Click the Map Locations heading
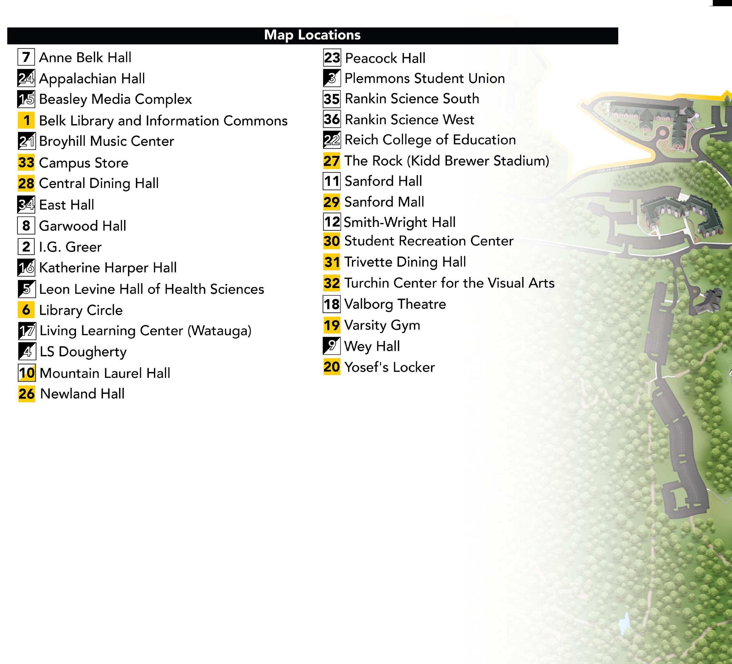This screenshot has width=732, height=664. [x=312, y=35]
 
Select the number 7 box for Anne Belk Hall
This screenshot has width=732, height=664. [x=26, y=57]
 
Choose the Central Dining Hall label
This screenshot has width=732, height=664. [x=99, y=183]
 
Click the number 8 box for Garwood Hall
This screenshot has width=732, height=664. [x=26, y=226]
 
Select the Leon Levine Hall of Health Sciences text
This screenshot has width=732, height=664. [x=152, y=289]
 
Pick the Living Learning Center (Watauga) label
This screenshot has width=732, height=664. [x=145, y=331]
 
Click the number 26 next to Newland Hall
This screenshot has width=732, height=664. [x=27, y=393]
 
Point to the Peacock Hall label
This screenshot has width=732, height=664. [x=385, y=58]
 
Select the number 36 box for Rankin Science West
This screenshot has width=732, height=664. [x=332, y=119]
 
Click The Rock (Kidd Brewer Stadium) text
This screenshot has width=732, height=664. [x=447, y=161]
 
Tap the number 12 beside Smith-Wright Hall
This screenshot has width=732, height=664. [x=332, y=221]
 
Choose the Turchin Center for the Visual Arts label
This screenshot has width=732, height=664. [x=449, y=283]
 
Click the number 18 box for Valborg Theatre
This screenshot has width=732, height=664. [x=332, y=304]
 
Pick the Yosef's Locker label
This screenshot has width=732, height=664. [x=390, y=367]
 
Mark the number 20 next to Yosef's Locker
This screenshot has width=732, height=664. [x=332, y=367]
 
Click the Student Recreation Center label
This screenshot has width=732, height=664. [x=429, y=241]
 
